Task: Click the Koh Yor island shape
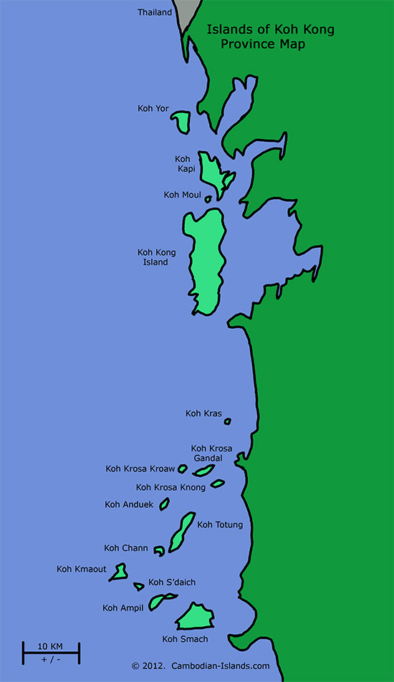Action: [180, 122]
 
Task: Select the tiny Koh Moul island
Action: [208, 199]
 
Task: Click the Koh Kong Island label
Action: [156, 257]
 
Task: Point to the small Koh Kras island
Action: [228, 421]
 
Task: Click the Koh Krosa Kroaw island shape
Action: [183, 469]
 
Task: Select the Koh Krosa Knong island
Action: [218, 484]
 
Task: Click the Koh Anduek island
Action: [164, 504]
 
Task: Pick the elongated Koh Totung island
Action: [182, 530]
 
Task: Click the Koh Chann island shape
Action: [159, 550]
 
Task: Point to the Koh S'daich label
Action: [172, 582]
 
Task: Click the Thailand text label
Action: [155, 12]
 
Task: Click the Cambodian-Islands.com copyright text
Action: [201, 666]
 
